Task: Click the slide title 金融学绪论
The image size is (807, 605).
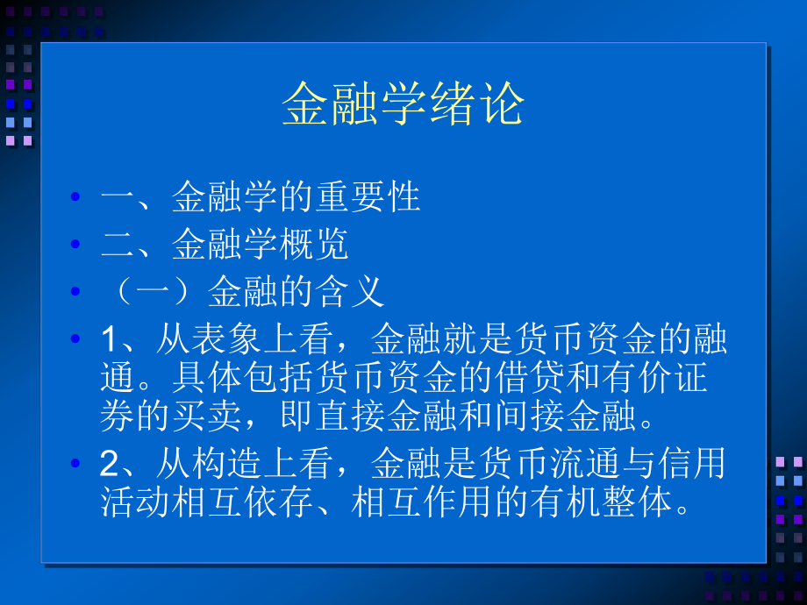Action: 403,106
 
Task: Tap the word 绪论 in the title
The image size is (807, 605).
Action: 483,106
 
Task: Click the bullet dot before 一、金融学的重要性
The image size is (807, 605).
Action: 75,198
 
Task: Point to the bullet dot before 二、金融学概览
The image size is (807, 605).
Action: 75,246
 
